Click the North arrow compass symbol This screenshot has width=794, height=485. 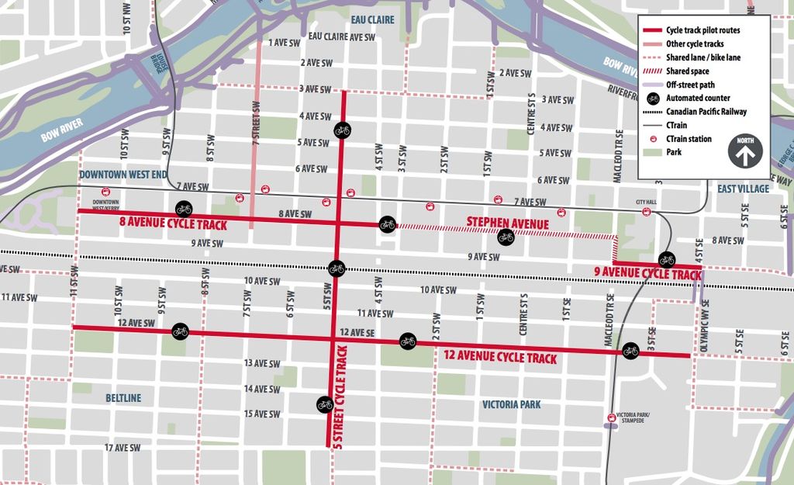pyautogui.click(x=744, y=152)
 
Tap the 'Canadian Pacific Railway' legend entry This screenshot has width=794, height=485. pyautogui.click(x=706, y=112)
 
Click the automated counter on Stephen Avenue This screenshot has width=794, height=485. pyautogui.click(x=506, y=237)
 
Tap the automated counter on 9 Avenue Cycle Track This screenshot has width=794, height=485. pyautogui.click(x=667, y=259)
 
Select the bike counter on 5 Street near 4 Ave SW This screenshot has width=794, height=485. pyautogui.click(x=343, y=130)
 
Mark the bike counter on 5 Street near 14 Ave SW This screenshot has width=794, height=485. pyautogui.click(x=325, y=404)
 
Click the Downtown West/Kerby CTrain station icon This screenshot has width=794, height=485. pyautogui.click(x=106, y=192)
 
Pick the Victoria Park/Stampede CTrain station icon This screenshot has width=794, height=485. pyautogui.click(x=613, y=418)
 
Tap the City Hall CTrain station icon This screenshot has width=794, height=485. pyautogui.click(x=647, y=212)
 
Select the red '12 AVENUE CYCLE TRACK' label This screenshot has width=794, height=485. pyautogui.click(x=500, y=358)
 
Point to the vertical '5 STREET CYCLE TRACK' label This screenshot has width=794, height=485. pyautogui.click(x=339, y=397)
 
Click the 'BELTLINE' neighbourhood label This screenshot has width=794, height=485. pyautogui.click(x=123, y=398)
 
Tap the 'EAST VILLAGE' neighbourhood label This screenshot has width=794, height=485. pyautogui.click(x=743, y=189)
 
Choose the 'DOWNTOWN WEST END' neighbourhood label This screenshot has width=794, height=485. pyautogui.click(x=123, y=175)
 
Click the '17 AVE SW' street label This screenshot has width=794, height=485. pyautogui.click(x=123, y=448)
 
